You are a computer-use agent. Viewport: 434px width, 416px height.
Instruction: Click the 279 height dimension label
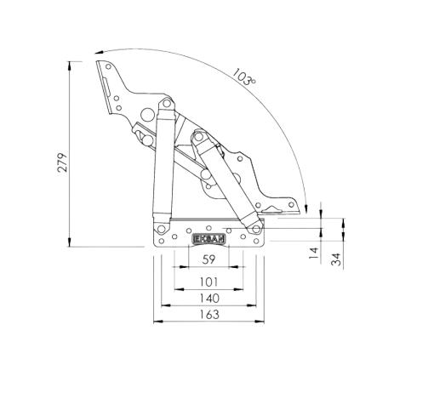(62, 162)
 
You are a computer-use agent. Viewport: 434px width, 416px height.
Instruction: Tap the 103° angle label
(244, 77)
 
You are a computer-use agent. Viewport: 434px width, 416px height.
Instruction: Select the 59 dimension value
(208, 259)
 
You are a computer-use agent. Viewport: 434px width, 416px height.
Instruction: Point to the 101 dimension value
(208, 282)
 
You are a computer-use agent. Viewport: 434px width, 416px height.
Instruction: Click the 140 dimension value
(209, 299)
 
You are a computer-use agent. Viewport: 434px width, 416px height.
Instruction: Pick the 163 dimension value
(209, 315)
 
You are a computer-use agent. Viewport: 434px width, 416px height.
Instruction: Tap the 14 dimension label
(314, 253)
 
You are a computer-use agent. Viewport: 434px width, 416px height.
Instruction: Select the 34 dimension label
(336, 259)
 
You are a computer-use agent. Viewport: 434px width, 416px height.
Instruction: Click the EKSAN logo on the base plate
(208, 239)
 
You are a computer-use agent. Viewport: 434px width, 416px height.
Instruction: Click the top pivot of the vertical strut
(166, 103)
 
